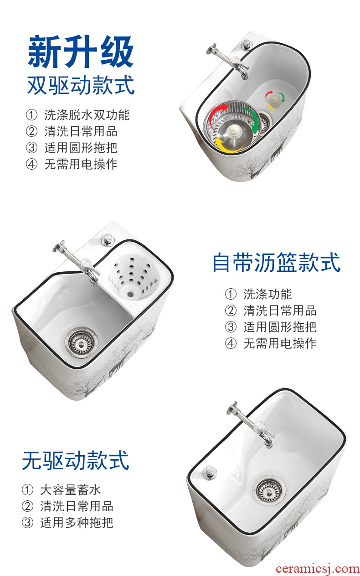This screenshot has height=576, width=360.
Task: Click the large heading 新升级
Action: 81,52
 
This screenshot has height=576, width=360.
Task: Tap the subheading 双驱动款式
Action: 81,85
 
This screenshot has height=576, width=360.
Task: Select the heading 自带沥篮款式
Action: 276,262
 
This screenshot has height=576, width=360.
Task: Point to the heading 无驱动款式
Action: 76,460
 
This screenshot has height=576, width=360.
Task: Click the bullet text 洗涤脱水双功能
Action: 87,115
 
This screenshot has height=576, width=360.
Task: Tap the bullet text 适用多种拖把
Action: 77,523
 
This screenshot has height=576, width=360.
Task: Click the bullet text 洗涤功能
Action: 267,294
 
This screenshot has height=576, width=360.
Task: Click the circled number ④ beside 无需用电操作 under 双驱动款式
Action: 31,164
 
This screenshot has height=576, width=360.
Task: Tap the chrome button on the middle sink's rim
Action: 109,239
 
